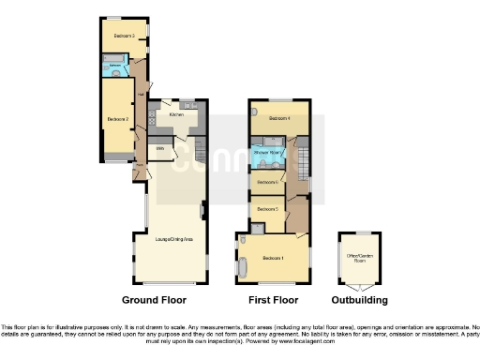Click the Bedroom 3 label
tap(124, 36)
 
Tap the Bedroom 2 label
tap(117, 119)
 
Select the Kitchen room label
tap(175, 114)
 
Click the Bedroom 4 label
tap(279, 119)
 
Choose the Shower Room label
tap(267, 151)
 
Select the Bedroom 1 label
tap(274, 257)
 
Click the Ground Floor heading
tap(154, 300)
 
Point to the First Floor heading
tap(273, 300)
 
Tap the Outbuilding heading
tap(360, 300)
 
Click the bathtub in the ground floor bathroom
tap(114, 70)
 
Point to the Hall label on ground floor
tap(140, 93)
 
